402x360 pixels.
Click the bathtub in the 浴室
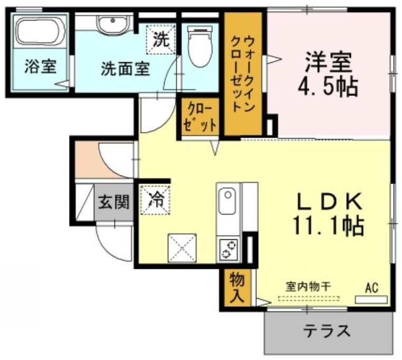click(x=41, y=32)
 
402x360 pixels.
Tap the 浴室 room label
click(x=41, y=66)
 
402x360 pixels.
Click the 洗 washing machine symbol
click(x=161, y=40)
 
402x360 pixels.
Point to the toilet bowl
click(x=200, y=46)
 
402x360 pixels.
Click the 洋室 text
click(x=328, y=62)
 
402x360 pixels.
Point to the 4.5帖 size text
click(x=328, y=86)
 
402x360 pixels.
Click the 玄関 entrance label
click(x=114, y=202)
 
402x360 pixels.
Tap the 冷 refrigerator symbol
click(x=155, y=200)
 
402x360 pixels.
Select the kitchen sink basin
click(x=227, y=201)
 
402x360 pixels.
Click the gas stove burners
click(x=228, y=249)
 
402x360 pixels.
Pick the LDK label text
click(x=329, y=201)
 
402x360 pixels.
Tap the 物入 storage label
click(x=237, y=287)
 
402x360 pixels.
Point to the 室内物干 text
click(x=308, y=286)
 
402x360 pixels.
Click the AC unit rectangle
click(x=371, y=299)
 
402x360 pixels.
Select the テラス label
click(x=327, y=331)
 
